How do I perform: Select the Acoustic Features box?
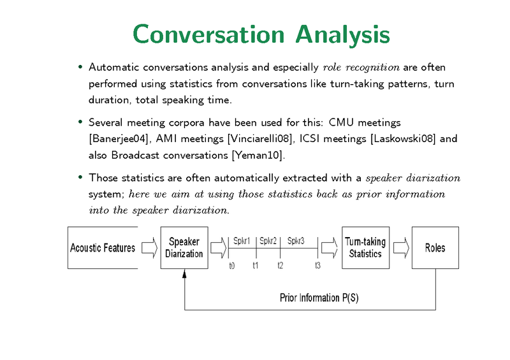coord(103,247)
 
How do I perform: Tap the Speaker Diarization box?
coord(184,247)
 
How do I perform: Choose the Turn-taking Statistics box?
coord(365,247)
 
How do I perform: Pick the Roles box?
coord(435,247)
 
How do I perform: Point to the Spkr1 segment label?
coord(242,241)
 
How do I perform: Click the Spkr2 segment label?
coord(268,241)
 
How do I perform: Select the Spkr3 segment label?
coord(296,241)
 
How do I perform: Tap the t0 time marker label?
coord(231,266)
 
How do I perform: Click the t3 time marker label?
coord(317,266)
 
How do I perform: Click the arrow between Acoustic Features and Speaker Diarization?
coord(149,247)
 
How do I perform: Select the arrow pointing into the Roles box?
coord(400,247)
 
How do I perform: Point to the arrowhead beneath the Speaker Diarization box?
coord(184,273)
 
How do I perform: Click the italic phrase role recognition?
coord(361,67)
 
